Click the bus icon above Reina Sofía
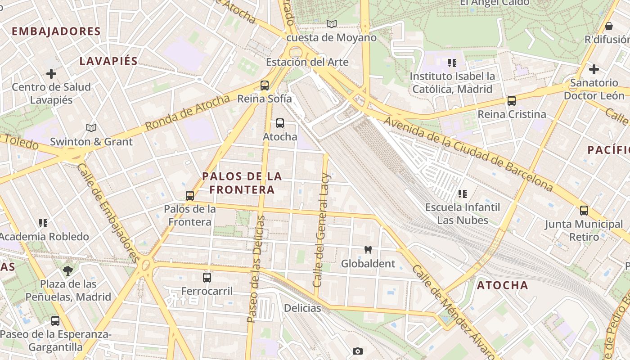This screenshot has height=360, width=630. [265, 85]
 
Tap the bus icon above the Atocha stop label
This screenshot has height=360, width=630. [280, 123]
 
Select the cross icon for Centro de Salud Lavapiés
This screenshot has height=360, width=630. [51, 73]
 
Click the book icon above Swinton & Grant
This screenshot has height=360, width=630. [91, 128]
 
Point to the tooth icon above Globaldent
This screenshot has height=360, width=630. [368, 250]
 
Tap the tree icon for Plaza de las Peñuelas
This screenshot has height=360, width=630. [68, 270]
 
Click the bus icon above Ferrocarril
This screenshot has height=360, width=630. [207, 278]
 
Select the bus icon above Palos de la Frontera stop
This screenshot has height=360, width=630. [190, 196]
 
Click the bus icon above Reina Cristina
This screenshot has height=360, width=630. [512, 101]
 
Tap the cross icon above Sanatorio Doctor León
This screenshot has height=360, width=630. [594, 69]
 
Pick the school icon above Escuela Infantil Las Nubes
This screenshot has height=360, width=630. [462, 194]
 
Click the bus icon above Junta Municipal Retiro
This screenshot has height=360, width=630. [584, 210]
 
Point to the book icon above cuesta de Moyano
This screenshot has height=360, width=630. [332, 24]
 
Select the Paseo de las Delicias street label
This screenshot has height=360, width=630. [256, 269]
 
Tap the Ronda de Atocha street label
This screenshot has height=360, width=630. [188, 113]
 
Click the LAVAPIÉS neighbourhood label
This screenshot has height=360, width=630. [108, 61]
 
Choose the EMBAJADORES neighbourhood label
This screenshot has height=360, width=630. [56, 31]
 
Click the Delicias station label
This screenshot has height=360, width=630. [302, 308]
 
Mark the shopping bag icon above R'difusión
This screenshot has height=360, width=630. [609, 26]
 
